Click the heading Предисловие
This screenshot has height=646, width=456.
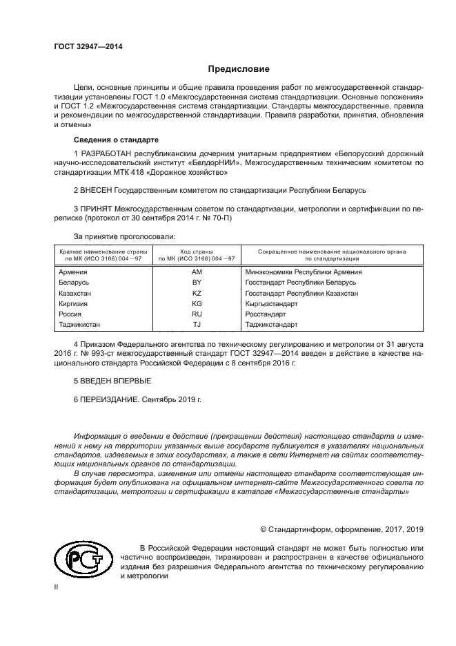coord(239,69)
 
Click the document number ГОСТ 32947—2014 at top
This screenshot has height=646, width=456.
coord(83,47)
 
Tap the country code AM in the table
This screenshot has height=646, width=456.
coord(196,272)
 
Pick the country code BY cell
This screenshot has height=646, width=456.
coord(196,283)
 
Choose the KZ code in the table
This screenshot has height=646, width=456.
coord(196,293)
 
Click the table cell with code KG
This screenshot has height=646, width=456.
coord(196,303)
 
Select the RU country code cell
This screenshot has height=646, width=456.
coord(196,314)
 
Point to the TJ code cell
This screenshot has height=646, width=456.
coord(196,324)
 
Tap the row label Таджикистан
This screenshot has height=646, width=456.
coord(81,324)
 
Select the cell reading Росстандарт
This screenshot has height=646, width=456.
coord(266,314)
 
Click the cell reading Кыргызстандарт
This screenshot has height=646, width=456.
coord(271,303)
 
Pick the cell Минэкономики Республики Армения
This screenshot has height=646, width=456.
coord(303,272)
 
